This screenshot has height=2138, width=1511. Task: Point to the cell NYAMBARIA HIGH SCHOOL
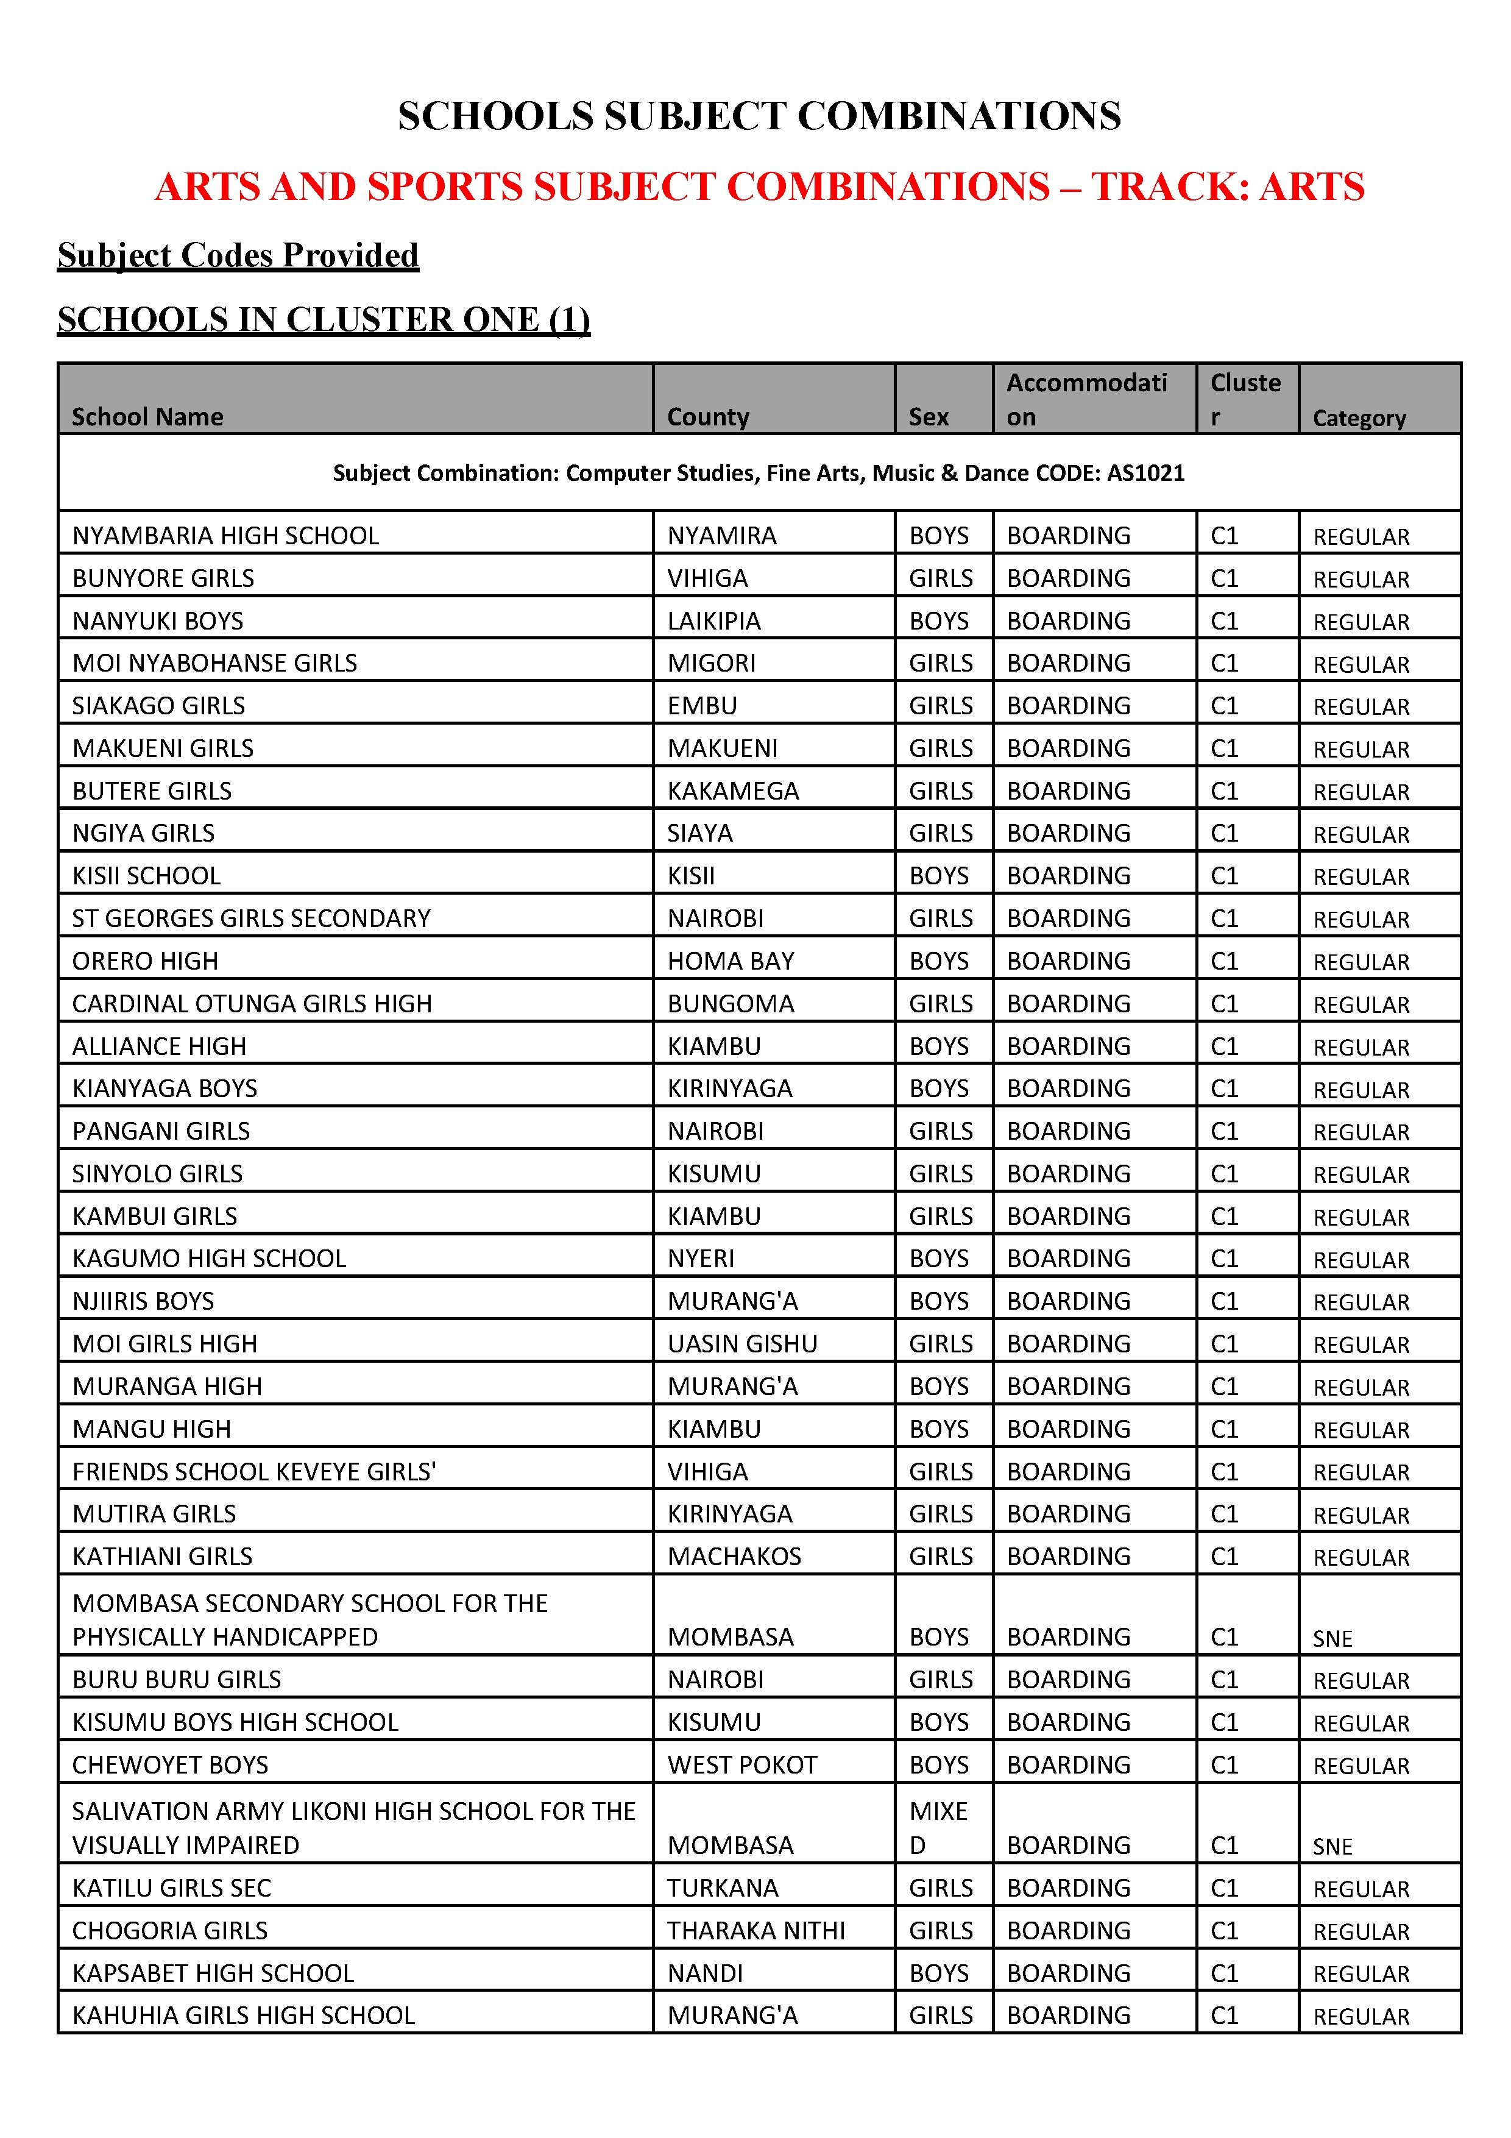tap(225, 536)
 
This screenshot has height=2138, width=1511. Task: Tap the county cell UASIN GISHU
tap(742, 1344)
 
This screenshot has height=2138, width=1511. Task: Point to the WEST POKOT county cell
tap(742, 1766)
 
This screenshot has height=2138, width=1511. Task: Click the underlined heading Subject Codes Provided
tap(238, 255)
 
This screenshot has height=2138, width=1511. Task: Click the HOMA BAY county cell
tap(731, 961)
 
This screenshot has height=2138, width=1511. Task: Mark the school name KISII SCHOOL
tap(146, 876)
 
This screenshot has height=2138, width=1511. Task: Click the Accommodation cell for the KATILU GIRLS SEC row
tap(1068, 1889)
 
